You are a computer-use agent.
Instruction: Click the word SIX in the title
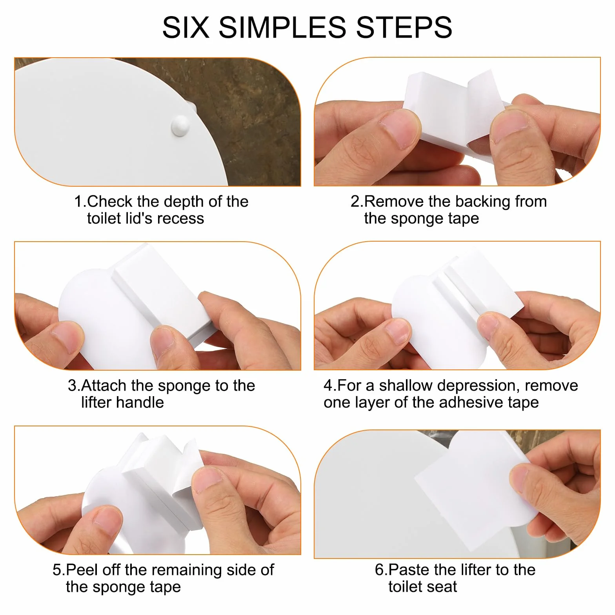(x=186, y=27)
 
